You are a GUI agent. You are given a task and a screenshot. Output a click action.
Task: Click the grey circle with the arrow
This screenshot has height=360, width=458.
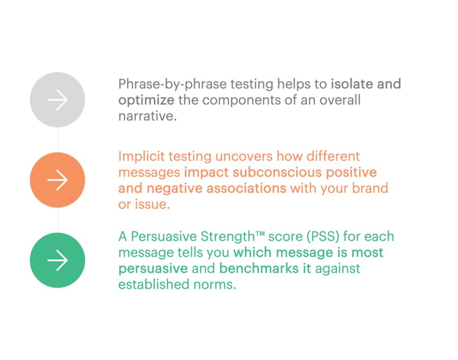[58, 100]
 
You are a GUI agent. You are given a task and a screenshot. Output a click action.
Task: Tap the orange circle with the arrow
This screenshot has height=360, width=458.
[58, 180]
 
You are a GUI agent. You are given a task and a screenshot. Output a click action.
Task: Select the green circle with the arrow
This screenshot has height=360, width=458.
[58, 260]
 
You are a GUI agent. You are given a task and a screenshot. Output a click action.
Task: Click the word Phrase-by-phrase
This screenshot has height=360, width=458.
[173, 85]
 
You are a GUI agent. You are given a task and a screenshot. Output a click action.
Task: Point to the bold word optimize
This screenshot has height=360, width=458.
[146, 101]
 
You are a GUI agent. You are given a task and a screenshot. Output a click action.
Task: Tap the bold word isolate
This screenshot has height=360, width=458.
[352, 84]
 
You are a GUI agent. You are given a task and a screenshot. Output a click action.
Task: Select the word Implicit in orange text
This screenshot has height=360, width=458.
[141, 157]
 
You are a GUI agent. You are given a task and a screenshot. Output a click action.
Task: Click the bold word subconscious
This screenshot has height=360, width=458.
[277, 172]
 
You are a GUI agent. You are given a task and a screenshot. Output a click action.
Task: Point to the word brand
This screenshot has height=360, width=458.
[370, 188]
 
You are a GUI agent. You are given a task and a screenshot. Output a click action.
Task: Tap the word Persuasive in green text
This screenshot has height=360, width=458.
[164, 237]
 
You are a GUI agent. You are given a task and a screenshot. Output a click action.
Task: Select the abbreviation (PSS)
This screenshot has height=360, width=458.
[323, 237]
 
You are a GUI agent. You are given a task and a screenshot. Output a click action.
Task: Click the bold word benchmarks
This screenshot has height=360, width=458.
[259, 268]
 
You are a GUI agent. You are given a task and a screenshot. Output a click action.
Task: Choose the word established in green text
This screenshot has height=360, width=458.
[154, 284]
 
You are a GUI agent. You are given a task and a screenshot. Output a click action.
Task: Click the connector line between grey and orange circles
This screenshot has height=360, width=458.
[58, 140]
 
